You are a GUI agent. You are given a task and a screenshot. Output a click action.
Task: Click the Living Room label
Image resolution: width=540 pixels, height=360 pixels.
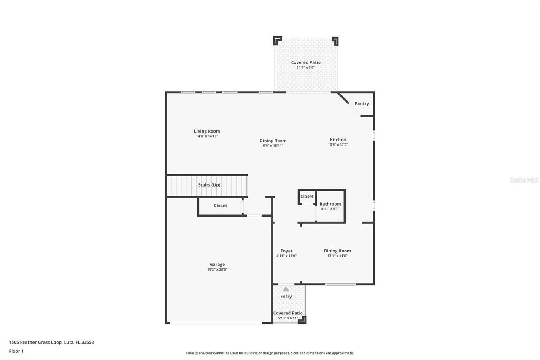tap(207, 131)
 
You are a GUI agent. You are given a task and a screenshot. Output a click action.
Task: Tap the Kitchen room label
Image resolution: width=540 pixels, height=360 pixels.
tap(338, 140)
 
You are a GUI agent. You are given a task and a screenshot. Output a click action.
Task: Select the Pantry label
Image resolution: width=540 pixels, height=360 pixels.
tap(362, 103)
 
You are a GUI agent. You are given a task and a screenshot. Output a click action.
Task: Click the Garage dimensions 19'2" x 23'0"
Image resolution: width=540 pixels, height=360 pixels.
tap(217, 270)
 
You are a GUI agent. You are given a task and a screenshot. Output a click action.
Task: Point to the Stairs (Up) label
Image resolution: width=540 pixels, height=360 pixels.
tap(209, 185)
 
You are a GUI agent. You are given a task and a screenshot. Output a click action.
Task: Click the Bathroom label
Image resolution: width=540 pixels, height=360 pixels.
tap(330, 204)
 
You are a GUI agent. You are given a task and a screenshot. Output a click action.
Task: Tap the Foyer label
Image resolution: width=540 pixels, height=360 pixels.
tap(286, 251)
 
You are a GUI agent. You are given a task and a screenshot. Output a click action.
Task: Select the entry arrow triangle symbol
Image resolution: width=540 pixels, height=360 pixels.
tap(286, 289)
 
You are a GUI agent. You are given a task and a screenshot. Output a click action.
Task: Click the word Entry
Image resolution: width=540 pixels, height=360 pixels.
tap(286, 297)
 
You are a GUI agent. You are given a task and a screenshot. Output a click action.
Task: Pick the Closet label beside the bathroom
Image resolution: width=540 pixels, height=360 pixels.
tap(307, 196)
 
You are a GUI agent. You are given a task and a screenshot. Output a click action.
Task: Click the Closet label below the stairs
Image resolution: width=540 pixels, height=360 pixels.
tap(220, 206)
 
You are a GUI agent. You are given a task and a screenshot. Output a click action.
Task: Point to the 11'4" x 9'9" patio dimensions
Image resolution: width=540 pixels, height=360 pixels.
tap(306, 68)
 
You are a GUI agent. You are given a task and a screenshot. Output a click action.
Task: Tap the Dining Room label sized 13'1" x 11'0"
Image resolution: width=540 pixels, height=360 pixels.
tap(337, 251)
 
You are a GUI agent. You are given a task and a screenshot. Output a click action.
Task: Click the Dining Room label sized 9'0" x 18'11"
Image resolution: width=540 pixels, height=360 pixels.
tap(273, 141)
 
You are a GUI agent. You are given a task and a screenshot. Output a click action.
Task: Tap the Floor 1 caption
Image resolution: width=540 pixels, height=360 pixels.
tap(16, 351)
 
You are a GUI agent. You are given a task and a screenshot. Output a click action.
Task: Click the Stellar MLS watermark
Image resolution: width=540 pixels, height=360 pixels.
tap(524, 180)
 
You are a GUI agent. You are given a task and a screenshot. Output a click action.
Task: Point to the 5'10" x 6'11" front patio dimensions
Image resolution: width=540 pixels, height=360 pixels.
tap(288, 318)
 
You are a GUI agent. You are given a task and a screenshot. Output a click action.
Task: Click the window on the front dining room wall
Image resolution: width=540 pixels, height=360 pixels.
tap(340, 284)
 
